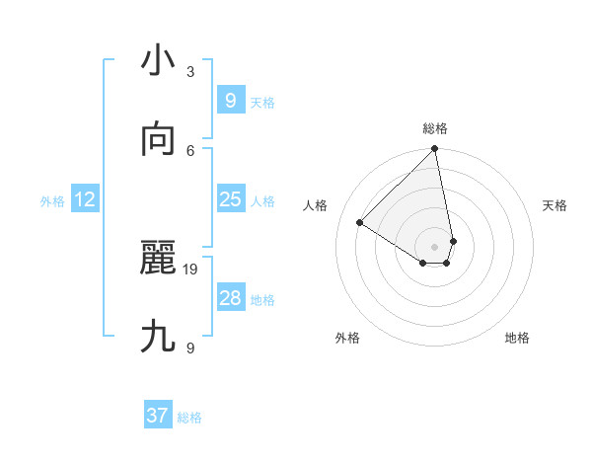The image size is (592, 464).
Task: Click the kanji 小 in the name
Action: (x=158, y=61)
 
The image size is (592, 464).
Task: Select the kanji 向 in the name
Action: (x=158, y=140)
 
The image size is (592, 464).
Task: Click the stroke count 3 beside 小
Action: (x=190, y=71)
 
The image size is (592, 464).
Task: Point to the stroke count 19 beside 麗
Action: (x=190, y=269)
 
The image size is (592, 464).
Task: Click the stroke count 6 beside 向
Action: (x=190, y=150)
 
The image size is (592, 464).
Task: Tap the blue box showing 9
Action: (x=230, y=101)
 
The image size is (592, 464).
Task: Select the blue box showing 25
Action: (x=230, y=199)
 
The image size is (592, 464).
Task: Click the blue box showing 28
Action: (x=230, y=298)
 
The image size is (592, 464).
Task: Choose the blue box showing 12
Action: (x=85, y=200)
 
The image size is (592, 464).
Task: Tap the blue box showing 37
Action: (x=157, y=416)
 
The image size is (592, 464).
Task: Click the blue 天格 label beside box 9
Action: (x=262, y=103)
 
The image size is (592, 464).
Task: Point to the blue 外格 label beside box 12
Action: (x=52, y=201)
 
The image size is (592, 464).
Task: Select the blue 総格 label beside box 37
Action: (x=189, y=418)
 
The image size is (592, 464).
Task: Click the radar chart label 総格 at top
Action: (x=435, y=128)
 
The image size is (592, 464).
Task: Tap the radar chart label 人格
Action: (x=316, y=205)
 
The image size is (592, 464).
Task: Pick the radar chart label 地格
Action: (x=517, y=338)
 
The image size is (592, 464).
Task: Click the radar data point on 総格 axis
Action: (x=435, y=150)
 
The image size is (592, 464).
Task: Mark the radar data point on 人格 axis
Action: (x=360, y=223)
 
